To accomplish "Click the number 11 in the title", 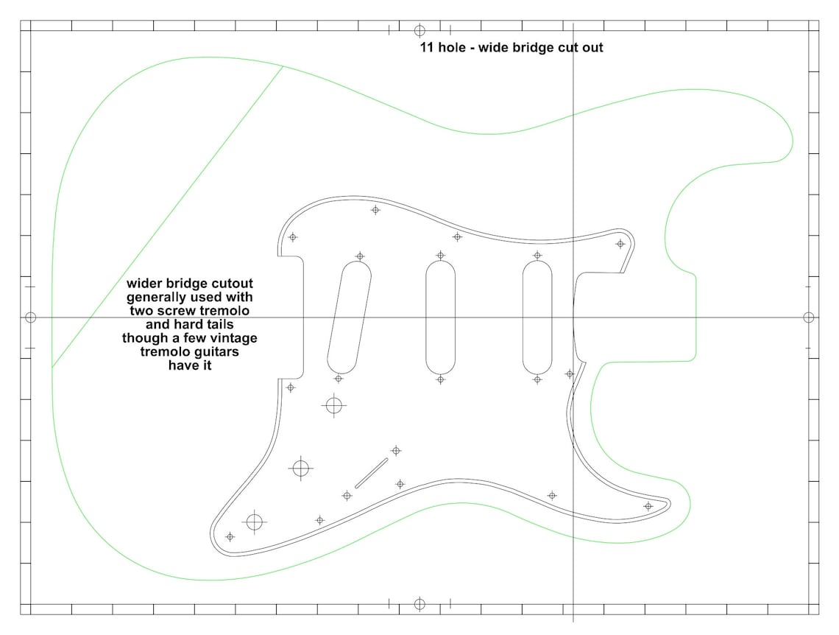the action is (x=426, y=48).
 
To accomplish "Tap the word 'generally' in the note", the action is (x=156, y=298).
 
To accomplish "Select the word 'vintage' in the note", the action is (x=233, y=338).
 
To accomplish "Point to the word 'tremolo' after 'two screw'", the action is (x=224, y=311).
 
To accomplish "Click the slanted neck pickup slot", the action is (x=349, y=317).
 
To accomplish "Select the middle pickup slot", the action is (x=440, y=317).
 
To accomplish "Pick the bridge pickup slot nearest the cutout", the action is (x=537, y=317).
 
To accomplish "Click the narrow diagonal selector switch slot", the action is (x=372, y=473).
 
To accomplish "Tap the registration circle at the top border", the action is (x=419, y=30).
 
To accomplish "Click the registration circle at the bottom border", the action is (x=419, y=604).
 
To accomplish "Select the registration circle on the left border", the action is (x=30, y=317).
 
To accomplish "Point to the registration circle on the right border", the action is (x=809, y=317).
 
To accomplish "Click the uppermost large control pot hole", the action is (x=334, y=404).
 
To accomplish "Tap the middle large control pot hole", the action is (x=300, y=468).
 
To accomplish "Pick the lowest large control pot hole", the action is (x=255, y=522).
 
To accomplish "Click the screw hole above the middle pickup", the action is (x=440, y=256).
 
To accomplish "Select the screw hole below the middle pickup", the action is (x=440, y=379).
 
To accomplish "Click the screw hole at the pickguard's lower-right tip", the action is (x=648, y=506).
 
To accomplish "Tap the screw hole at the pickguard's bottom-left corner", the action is (x=230, y=537).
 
